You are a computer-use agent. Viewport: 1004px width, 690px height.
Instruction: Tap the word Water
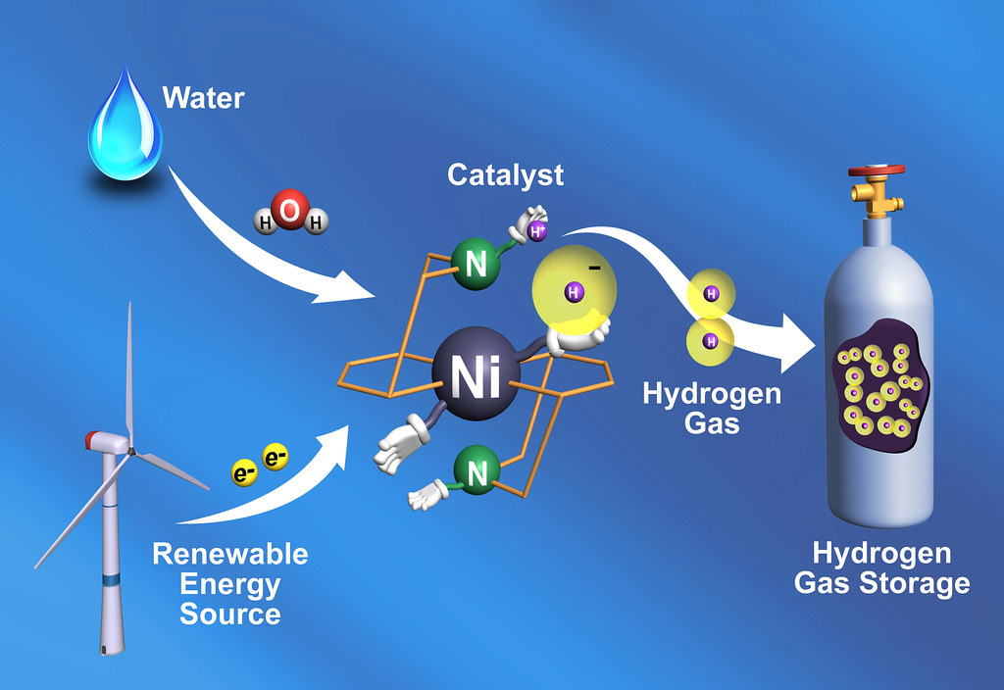pyautogui.click(x=204, y=98)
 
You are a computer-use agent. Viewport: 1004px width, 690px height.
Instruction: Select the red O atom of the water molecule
pyautogui.click(x=290, y=210)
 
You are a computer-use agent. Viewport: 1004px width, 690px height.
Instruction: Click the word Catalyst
pyautogui.click(x=505, y=174)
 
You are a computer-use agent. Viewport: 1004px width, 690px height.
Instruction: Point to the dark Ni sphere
pyautogui.click(x=476, y=373)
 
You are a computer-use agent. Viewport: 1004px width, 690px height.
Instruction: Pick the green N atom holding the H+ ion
pyautogui.click(x=476, y=263)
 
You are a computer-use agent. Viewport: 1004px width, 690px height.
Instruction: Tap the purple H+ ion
pyautogui.click(x=537, y=231)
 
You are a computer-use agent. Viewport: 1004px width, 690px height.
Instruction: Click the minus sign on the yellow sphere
pyautogui.click(x=595, y=268)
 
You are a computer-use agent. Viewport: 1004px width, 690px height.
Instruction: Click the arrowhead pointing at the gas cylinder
pyautogui.click(x=795, y=344)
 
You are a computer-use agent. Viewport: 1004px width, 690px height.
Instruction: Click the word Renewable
pyautogui.click(x=230, y=555)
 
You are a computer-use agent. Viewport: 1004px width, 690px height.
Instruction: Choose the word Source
pyautogui.click(x=230, y=615)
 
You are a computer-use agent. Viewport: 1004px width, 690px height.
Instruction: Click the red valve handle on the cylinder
pyautogui.click(x=877, y=171)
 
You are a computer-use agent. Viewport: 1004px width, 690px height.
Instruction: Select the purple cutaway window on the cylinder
pyautogui.click(x=881, y=385)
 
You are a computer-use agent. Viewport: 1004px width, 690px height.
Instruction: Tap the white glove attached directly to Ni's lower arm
pyautogui.click(x=397, y=442)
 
